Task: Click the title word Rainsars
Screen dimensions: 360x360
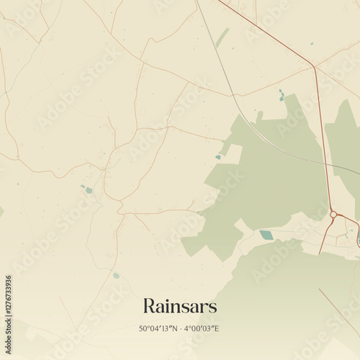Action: click(179, 306)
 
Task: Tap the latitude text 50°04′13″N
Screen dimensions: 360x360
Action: click(160, 329)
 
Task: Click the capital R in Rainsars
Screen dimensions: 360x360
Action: click(150, 306)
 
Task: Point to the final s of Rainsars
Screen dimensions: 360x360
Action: click(212, 307)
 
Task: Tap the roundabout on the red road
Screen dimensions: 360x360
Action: click(333, 214)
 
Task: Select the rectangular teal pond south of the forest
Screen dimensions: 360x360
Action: click(266, 235)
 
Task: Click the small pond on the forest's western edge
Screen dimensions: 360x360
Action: click(218, 157)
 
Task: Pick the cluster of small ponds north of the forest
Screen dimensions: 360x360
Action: click(281, 95)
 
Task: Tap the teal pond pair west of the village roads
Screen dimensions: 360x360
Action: click(87, 190)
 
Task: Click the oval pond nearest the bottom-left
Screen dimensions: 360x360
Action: click(116, 275)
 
